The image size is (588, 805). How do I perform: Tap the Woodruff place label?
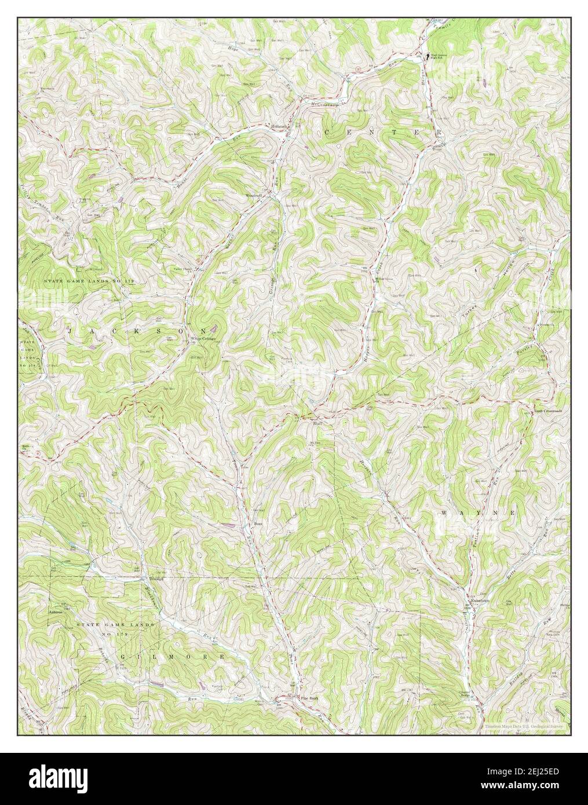[x=254, y=195]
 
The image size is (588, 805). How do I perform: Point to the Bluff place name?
[x=317, y=423]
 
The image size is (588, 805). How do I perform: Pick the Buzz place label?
[x=259, y=525]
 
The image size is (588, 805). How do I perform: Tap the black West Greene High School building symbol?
[x=428, y=56]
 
